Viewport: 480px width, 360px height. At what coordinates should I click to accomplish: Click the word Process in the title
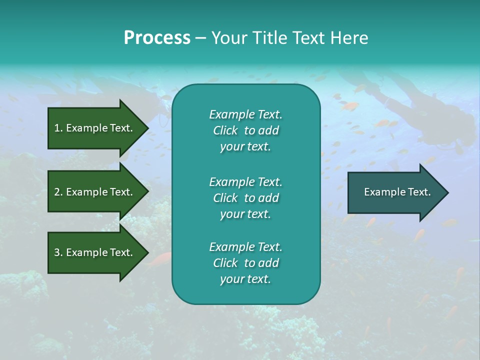(157, 38)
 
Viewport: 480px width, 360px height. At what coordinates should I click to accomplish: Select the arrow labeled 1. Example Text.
(95, 128)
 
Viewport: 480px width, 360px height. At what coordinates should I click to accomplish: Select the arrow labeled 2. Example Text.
(95, 192)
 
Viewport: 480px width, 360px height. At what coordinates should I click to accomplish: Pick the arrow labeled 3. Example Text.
(95, 252)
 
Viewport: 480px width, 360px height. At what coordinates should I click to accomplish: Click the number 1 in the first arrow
(56, 128)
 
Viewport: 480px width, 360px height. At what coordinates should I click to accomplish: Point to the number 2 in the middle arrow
(57, 192)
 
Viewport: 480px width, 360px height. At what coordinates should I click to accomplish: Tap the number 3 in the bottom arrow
(57, 252)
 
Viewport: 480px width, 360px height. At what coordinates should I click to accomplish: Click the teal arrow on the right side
(395, 192)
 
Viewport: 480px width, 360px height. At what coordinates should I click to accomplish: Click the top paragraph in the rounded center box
(245, 130)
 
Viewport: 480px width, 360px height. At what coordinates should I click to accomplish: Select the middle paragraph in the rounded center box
(245, 198)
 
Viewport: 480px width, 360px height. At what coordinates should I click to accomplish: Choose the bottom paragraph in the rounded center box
(245, 263)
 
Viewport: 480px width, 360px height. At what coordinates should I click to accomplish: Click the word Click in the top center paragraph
(225, 130)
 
